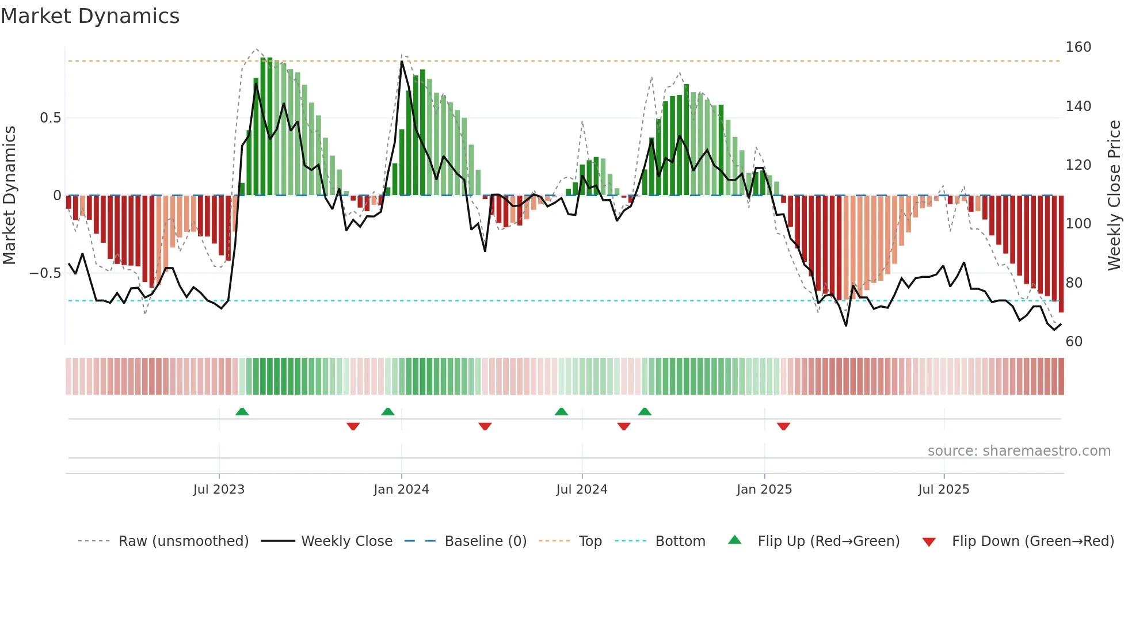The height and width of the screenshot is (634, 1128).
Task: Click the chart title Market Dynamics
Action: coord(90,16)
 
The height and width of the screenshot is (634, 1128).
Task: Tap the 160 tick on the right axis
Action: coord(1078,47)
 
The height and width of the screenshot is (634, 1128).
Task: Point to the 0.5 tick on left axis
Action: coord(50,118)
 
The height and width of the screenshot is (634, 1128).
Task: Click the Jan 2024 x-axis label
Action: coord(401,490)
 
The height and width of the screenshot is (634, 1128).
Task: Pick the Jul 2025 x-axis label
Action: coord(943,490)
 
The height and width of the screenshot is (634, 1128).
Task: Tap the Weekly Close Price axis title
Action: coord(1114,196)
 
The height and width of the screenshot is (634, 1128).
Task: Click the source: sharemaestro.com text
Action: coord(1019,451)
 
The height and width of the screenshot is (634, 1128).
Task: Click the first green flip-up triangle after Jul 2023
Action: coord(242,411)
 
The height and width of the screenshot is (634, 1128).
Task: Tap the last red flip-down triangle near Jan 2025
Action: coord(783,426)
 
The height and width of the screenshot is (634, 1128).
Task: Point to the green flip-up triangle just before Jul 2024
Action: coord(561,411)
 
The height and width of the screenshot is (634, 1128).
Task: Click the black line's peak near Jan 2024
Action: coord(402,62)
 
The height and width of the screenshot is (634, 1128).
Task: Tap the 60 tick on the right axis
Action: coord(1074,342)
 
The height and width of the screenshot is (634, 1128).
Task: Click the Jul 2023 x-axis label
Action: coord(219,490)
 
